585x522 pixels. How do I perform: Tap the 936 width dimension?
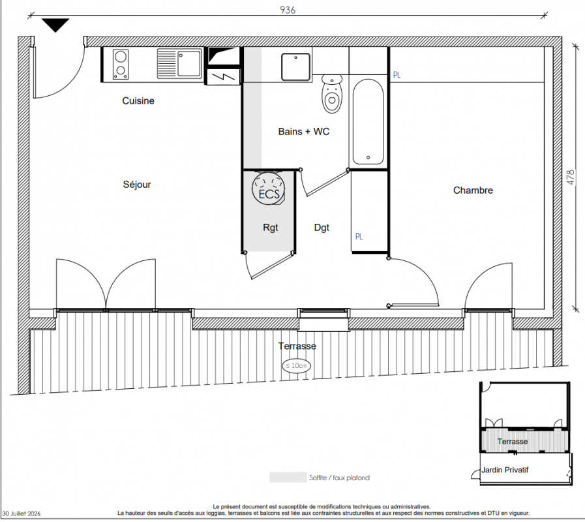pos(288,10)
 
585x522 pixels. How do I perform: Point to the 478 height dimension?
pos(571,177)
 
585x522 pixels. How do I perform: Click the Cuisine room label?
pos(138,101)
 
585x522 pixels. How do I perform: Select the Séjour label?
pos(137,185)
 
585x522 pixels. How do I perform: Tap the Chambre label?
pos(473,191)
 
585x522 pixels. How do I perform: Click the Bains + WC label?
pos(304,131)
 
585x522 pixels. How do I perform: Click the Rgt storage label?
pos(271,228)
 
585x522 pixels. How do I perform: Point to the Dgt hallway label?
pos(322,228)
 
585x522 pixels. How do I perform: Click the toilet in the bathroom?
pos(332,94)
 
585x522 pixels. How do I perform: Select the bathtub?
pos(368,122)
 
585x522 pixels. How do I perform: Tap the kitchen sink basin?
pos(188,63)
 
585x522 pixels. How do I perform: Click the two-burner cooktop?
pos(121,64)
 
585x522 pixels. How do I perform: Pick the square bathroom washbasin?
pos(296,67)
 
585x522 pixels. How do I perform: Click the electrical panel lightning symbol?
pos(223,77)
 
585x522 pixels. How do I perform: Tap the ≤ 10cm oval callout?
pos(296,365)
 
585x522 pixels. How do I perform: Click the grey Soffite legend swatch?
pos(288,477)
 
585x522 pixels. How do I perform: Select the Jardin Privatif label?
pos(505,470)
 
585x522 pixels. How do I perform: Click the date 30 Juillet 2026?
pos(22,514)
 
